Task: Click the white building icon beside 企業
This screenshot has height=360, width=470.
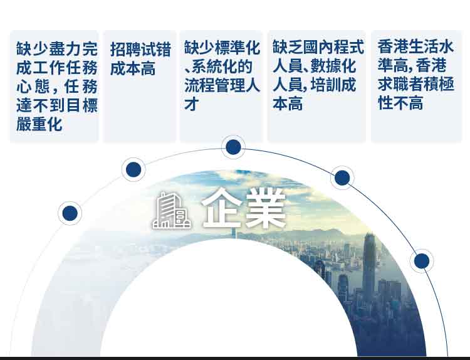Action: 172,211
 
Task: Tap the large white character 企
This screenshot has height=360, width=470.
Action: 221,208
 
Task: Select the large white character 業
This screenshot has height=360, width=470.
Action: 266,208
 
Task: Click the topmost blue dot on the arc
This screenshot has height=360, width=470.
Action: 233,147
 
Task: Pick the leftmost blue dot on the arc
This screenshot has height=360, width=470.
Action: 70,213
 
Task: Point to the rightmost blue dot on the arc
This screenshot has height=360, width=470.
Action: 422,261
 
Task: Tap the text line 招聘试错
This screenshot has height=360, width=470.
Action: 140,49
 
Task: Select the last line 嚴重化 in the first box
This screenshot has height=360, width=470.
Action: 39,124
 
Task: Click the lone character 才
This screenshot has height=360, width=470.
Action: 192,104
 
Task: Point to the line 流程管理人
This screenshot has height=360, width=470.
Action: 222,85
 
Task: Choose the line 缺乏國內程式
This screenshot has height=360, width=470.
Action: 318,47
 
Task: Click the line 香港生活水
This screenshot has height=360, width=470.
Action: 415,46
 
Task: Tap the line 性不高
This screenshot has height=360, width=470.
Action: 400,103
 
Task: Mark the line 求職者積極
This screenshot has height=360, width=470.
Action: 415,84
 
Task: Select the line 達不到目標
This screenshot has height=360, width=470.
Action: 57,105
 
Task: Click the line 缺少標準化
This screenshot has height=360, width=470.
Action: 222,48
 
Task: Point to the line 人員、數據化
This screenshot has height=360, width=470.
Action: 315,66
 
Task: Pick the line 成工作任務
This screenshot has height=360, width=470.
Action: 57,68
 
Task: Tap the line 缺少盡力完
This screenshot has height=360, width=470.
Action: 57,49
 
